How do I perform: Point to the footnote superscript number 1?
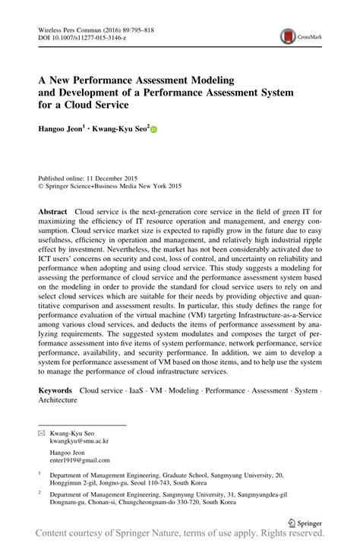click(39, 472)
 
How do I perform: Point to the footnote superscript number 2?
click(39, 492)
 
